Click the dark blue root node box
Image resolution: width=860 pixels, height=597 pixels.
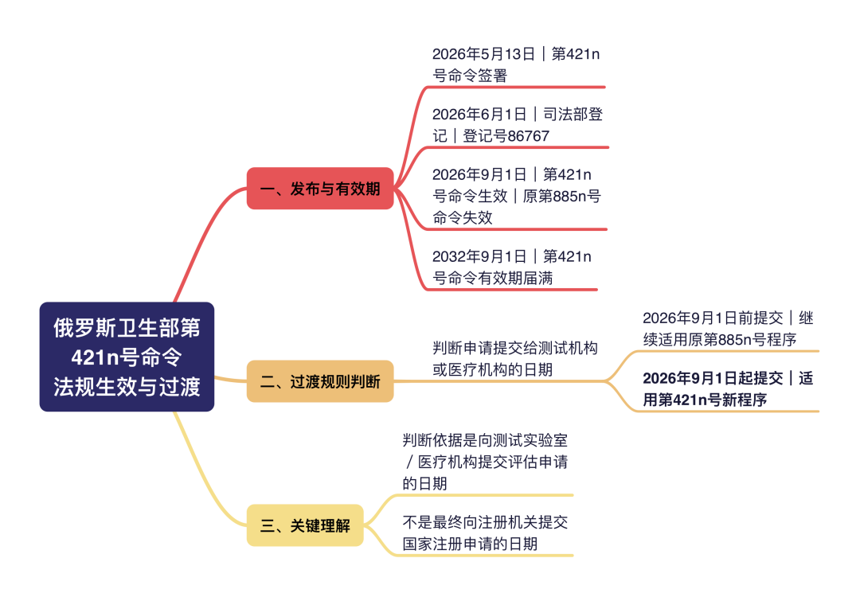(127, 357)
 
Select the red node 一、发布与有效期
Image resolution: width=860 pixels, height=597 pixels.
(320, 189)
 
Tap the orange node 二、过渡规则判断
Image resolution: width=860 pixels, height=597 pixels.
(320, 381)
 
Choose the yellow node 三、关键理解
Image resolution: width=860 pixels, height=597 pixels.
(305, 525)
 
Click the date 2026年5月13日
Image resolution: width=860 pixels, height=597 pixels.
(483, 53)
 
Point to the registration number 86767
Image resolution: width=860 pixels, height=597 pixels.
(527, 136)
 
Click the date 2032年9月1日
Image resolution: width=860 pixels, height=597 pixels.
(479, 256)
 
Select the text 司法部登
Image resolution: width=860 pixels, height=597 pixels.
(573, 114)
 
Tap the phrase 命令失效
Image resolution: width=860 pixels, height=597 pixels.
(463, 217)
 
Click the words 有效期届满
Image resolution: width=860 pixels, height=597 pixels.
(515, 278)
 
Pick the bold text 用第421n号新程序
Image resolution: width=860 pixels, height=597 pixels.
(705, 400)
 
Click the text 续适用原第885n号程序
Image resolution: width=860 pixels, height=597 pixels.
(720, 339)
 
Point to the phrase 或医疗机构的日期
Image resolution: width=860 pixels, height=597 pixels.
(493, 369)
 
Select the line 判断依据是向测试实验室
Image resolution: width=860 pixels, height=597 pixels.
(485, 439)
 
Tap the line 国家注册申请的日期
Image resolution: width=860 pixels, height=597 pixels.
(470, 544)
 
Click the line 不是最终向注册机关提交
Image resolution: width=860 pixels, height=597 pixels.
(485, 522)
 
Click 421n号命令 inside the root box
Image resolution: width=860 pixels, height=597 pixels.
(127, 357)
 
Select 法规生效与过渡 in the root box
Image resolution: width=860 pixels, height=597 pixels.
(127, 387)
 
